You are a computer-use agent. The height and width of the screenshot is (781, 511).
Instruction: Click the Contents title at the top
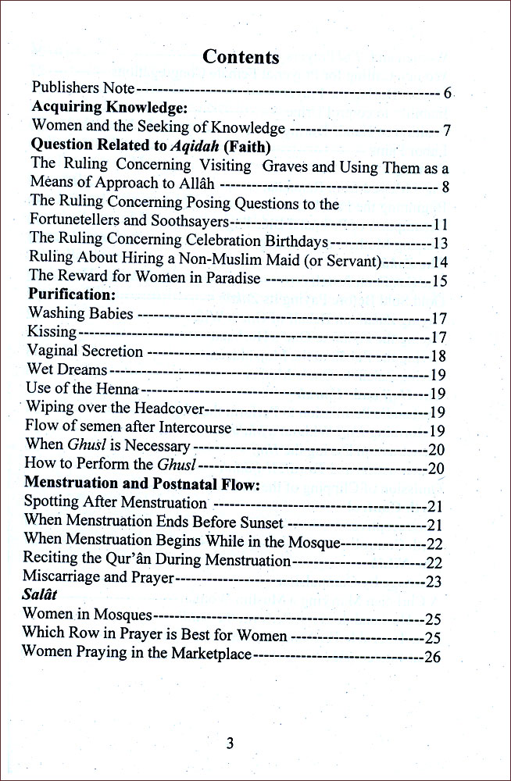[241, 57]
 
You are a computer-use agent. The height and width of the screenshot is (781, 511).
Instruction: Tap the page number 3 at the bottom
[230, 743]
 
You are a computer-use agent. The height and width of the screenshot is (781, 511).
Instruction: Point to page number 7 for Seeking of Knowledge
[445, 130]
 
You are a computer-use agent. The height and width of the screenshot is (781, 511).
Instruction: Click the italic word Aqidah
[196, 145]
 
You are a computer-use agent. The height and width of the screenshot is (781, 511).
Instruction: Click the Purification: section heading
[72, 295]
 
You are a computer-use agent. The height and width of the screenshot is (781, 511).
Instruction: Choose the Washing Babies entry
[80, 314]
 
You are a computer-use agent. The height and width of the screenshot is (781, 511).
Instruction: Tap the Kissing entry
[52, 333]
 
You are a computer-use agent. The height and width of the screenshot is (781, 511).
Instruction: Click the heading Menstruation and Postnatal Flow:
[141, 484]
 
